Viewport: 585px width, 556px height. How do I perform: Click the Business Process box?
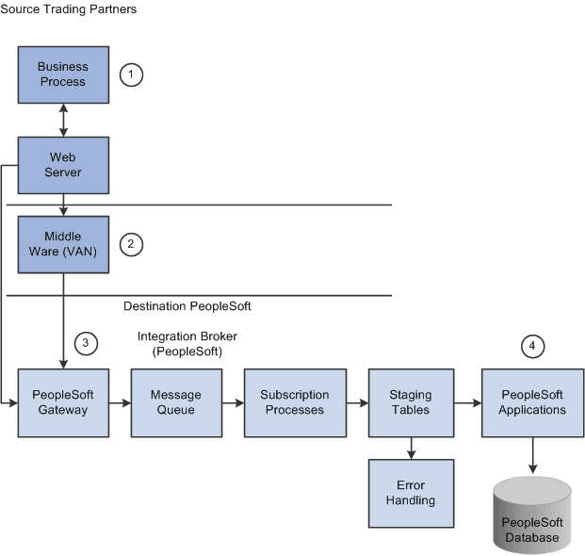(x=62, y=74)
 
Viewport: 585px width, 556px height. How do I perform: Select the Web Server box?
(x=62, y=165)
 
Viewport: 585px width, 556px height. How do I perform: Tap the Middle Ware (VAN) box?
(x=62, y=244)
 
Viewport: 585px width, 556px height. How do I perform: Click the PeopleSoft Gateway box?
(x=62, y=402)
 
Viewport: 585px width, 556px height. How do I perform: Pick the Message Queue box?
(x=170, y=402)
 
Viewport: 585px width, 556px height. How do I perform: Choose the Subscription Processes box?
(x=294, y=402)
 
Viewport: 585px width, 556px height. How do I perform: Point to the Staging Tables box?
(x=410, y=402)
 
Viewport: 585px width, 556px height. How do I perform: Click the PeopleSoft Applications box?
(x=533, y=402)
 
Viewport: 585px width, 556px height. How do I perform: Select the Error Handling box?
(x=410, y=493)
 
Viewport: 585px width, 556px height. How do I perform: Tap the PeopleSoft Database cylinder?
(x=533, y=515)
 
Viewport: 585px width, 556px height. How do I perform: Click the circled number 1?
(x=132, y=75)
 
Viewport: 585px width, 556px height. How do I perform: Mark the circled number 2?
(x=132, y=245)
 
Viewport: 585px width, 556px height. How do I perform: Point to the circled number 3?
(x=86, y=343)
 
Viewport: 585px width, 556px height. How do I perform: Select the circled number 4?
(x=533, y=346)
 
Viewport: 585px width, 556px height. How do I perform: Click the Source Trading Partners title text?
(x=69, y=9)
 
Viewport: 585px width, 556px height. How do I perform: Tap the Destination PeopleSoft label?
(x=187, y=306)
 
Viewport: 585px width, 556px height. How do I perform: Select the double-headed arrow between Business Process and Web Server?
(x=62, y=120)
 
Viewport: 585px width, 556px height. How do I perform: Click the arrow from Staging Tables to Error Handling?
(x=410, y=448)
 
